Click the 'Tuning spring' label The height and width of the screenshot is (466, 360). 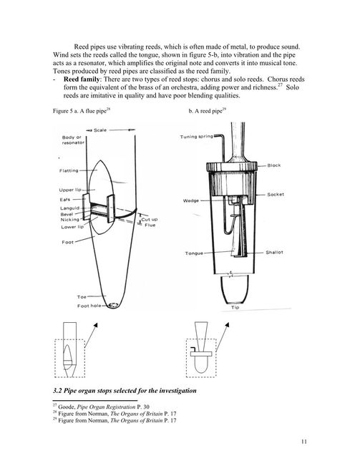196,137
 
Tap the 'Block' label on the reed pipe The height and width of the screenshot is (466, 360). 273,165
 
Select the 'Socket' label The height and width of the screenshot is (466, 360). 276,195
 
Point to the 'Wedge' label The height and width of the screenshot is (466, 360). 191,200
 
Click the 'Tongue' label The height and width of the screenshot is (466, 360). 194,253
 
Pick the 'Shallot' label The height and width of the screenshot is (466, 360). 274,252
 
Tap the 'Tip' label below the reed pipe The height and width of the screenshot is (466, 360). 235,307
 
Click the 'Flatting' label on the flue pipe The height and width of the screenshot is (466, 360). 69,170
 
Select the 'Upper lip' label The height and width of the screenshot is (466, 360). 70,190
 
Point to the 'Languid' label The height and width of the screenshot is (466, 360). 70,208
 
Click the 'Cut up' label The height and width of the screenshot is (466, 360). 149,219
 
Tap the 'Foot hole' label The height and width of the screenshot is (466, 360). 89,306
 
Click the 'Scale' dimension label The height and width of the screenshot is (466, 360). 100,130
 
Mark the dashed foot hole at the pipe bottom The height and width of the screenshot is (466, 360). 113,305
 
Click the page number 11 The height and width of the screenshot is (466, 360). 304,442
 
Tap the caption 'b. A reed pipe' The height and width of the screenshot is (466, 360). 208,111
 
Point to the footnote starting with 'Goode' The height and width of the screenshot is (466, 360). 102,407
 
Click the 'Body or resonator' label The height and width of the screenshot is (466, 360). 73,140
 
